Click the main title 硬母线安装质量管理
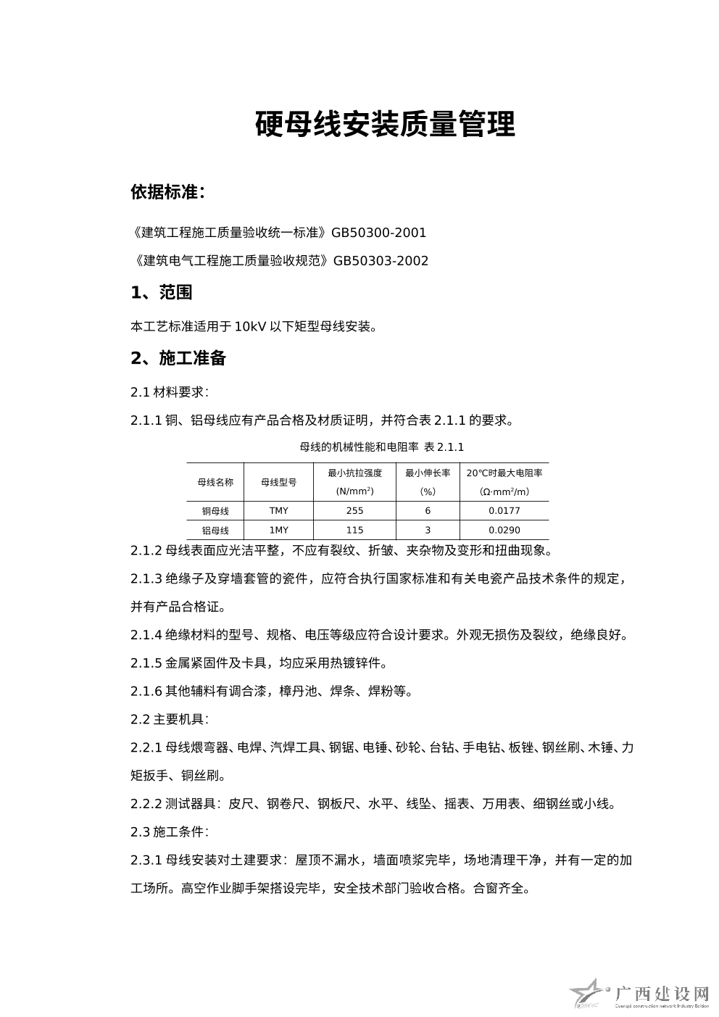tap(385, 125)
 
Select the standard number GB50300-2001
tap(378, 233)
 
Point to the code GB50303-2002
tap(381, 261)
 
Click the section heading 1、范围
tap(161, 293)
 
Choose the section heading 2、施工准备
tap(178, 358)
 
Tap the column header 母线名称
tap(215, 482)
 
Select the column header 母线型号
tap(279, 482)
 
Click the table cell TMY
tap(279, 510)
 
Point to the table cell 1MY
tap(279, 530)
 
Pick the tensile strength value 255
tap(355, 510)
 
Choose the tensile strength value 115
tap(355, 530)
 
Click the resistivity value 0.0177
tap(504, 510)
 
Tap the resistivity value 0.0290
tap(504, 530)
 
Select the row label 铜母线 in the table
tap(215, 510)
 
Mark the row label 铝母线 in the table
tap(215, 530)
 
